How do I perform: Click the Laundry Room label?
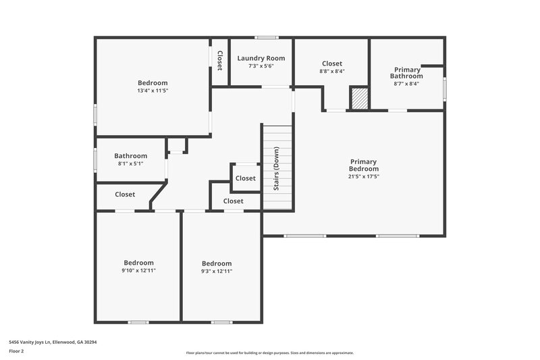coord(261,58)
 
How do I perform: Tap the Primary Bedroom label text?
coord(364,165)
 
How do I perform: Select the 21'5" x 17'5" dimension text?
coord(364,177)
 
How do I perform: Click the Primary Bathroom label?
coord(406,73)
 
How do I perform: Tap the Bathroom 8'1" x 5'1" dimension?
coord(130,163)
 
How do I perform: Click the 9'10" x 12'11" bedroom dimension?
coord(138,270)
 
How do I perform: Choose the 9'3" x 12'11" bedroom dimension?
coord(217,271)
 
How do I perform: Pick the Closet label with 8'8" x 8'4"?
coord(332,63)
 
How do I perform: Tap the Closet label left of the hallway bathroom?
coord(125,195)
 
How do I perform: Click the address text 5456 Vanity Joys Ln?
coord(53,342)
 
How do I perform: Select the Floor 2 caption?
coord(17,351)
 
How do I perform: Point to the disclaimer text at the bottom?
coord(269,353)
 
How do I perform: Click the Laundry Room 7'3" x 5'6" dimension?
coord(261,66)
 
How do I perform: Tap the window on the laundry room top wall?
coord(267,37)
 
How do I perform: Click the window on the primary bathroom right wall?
coord(444,88)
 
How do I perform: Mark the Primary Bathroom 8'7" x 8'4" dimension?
coord(406,84)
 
